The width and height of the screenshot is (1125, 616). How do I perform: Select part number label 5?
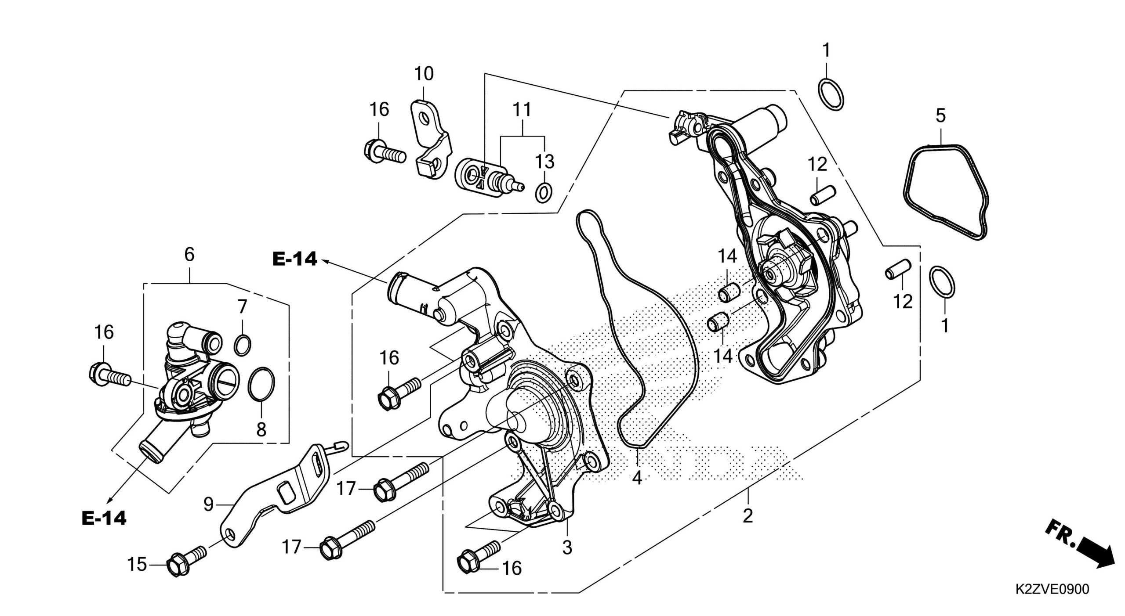click(940, 115)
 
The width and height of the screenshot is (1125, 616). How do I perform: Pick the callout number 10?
click(424, 74)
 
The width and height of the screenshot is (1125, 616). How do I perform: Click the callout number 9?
click(209, 505)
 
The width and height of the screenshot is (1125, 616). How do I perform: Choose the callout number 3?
click(567, 548)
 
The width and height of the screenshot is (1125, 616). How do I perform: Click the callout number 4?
click(637, 477)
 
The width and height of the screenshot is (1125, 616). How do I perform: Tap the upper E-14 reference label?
click(294, 259)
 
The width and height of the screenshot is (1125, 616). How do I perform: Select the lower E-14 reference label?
click(104, 519)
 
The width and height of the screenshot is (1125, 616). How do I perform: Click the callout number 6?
click(189, 255)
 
